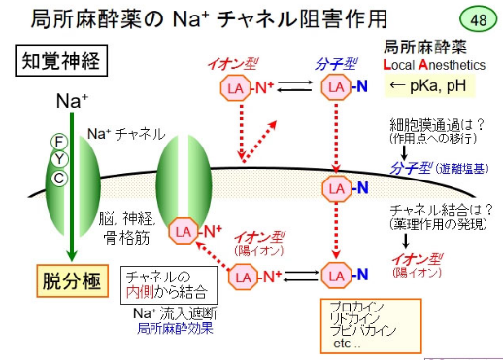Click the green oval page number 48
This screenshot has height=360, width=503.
(x=478, y=19)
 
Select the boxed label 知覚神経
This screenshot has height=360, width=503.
(x=61, y=60)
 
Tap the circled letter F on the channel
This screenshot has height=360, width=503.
(x=59, y=142)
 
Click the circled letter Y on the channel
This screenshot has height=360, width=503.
(x=59, y=159)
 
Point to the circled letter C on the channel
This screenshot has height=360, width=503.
(x=59, y=179)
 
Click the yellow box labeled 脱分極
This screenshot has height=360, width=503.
(x=72, y=280)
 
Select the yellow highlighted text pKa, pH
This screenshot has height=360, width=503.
(x=429, y=85)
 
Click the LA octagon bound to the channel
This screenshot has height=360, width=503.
(x=184, y=231)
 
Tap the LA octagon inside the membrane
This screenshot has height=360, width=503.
(x=336, y=188)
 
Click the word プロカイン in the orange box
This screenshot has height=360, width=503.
(x=356, y=307)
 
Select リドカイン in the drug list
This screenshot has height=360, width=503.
(x=354, y=319)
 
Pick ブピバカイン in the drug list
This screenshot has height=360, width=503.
(x=363, y=331)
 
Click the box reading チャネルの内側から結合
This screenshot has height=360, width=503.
(x=169, y=285)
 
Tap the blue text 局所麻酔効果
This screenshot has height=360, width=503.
(x=175, y=329)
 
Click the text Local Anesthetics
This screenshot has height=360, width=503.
(x=434, y=65)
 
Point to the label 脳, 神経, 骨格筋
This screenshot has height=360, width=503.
(x=127, y=229)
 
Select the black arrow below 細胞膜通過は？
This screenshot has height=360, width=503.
(x=404, y=152)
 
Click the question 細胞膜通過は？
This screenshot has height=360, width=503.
(x=437, y=124)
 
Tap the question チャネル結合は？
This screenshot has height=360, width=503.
(x=441, y=211)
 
